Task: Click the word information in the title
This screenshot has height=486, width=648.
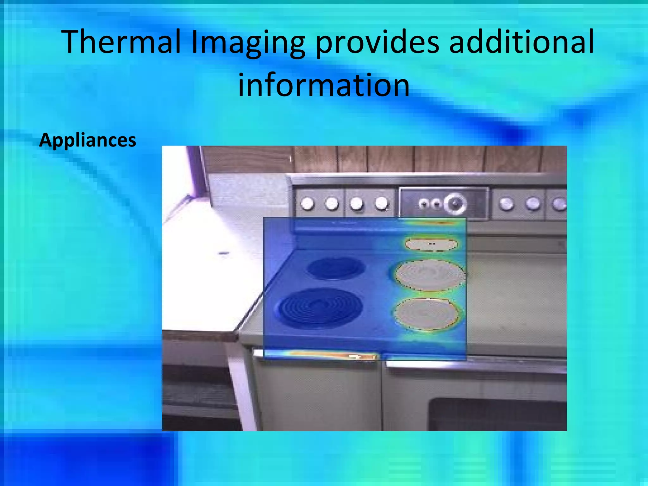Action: click(323, 85)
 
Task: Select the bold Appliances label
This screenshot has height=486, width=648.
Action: click(88, 140)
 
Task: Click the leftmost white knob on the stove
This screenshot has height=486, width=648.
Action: click(307, 203)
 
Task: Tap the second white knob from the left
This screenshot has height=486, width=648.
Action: click(332, 203)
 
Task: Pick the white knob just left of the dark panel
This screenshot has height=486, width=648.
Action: click(382, 203)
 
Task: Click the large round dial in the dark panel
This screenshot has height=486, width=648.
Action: click(455, 203)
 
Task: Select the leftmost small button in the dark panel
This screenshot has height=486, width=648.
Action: click(423, 204)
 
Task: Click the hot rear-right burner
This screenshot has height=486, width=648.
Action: click(430, 275)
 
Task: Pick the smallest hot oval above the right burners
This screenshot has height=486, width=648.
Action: click(432, 244)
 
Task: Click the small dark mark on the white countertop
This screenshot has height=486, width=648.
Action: click(224, 253)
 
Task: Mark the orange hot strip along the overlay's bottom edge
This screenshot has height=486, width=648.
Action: click(329, 355)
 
